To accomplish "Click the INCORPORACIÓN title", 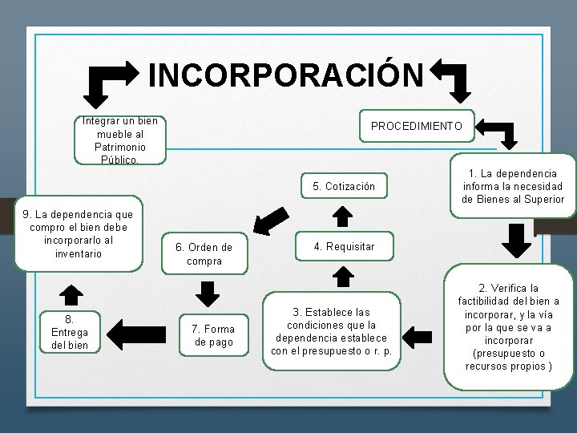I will (285, 75).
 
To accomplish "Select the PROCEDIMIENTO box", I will (416, 126).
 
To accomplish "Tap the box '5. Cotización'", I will (344, 187).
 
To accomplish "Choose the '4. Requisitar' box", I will (344, 246).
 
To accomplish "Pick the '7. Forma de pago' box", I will (213, 335).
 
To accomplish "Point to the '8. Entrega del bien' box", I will (70, 332).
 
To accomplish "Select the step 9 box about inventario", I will (79, 234).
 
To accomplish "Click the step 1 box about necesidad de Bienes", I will (513, 186).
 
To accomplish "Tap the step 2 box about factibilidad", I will (509, 326).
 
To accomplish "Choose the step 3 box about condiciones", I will (331, 331).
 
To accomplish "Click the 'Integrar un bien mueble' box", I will (120, 140).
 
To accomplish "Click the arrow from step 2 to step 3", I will (421, 331).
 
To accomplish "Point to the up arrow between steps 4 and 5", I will (342, 216).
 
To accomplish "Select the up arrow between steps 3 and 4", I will (343, 277).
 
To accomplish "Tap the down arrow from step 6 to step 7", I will (208, 293).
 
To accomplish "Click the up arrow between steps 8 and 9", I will (72, 294).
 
